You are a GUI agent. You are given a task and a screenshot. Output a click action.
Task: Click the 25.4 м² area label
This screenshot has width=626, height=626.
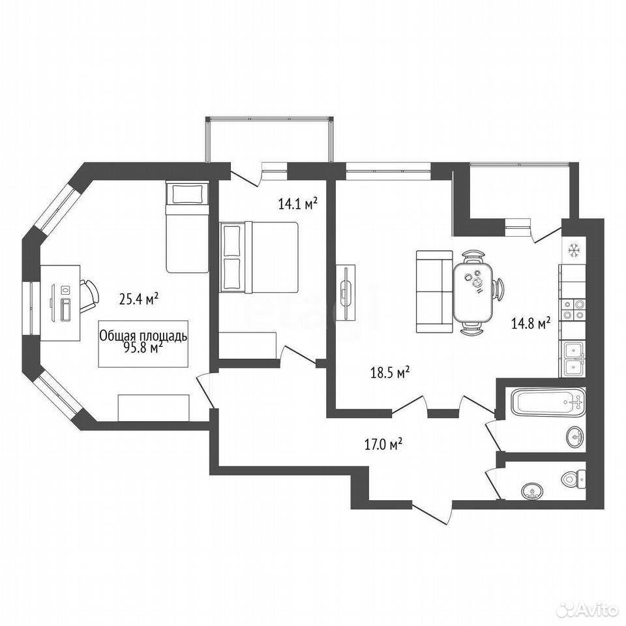pyautogui.click(x=139, y=299)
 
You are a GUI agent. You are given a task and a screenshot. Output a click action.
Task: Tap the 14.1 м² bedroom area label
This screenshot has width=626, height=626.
pyautogui.click(x=298, y=204)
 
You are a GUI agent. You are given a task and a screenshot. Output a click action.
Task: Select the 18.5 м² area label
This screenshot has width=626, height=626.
pyautogui.click(x=391, y=373)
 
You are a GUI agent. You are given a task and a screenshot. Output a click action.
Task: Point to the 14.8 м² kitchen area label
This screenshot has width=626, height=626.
pyautogui.click(x=531, y=323)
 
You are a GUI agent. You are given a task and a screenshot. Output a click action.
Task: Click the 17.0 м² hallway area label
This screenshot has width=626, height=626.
pyautogui.click(x=383, y=444)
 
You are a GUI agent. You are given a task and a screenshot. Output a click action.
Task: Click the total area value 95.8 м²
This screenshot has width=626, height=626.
pyautogui.click(x=143, y=348)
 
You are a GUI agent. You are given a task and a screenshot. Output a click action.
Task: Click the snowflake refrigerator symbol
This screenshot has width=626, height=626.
pyautogui.click(x=574, y=250)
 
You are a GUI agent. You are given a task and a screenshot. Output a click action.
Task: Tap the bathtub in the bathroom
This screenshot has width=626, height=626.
pyautogui.click(x=548, y=402)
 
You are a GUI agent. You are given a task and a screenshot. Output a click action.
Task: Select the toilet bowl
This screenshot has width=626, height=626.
pyautogui.click(x=574, y=478)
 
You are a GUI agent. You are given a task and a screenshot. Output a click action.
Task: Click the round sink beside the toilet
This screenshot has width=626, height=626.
pyautogui.click(x=532, y=490)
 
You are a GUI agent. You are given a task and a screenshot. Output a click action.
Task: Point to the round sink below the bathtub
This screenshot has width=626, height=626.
pyautogui.click(x=576, y=437)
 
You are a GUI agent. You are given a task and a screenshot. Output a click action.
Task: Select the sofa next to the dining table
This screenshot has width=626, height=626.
pyautogui.click(x=434, y=292)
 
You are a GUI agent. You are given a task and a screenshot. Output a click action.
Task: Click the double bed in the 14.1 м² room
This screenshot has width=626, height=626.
pyautogui.click(x=259, y=257)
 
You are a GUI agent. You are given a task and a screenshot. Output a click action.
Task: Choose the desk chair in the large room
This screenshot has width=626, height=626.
pyautogui.click(x=89, y=297)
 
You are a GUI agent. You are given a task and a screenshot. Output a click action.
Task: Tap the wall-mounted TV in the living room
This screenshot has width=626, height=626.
pyautogui.click(x=346, y=292)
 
